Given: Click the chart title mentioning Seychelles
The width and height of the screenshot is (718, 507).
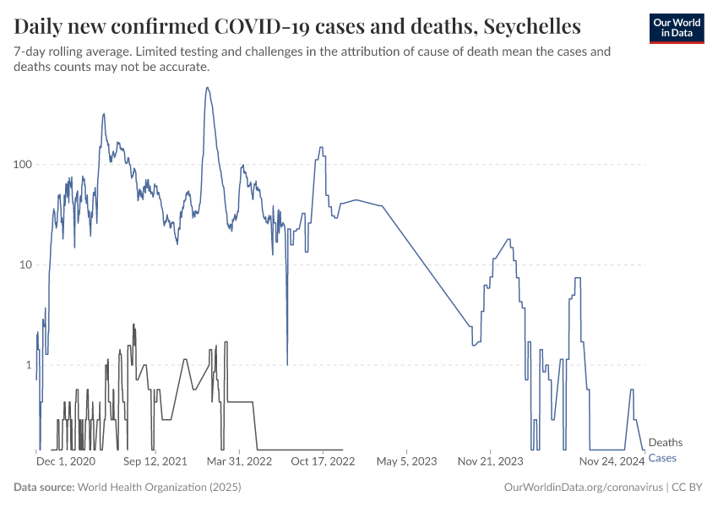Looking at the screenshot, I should [x=296, y=26].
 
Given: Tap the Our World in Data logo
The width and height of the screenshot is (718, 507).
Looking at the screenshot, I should [x=676, y=27].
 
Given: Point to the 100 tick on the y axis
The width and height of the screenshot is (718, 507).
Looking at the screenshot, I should [x=21, y=164].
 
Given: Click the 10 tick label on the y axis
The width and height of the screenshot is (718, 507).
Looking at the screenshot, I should [x=24, y=264].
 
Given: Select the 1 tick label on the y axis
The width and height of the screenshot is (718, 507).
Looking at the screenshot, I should [x=27, y=365].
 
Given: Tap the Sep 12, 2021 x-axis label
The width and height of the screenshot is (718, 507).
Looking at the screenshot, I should [x=155, y=462].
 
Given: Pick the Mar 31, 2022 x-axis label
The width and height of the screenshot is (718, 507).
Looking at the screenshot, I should [x=239, y=462].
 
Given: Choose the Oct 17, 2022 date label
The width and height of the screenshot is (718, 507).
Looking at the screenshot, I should [x=323, y=462].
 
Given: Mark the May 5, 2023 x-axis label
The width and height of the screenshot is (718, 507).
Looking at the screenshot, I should [x=406, y=462].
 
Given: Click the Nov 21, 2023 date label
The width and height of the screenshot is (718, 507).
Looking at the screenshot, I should [x=491, y=462].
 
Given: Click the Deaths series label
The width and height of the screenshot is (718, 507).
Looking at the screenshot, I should [x=665, y=443].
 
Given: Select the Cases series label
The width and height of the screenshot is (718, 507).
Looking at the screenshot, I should [x=662, y=458].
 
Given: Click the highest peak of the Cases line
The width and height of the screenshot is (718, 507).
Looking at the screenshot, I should [x=208, y=88].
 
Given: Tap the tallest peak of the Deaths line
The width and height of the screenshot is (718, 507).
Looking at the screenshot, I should [x=133, y=324].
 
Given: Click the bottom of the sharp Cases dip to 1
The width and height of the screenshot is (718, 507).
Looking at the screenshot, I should [x=287, y=364].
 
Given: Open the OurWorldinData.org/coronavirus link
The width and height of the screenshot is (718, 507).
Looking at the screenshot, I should [x=583, y=488].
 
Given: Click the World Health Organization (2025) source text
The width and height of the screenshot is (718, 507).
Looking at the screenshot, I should [x=159, y=488].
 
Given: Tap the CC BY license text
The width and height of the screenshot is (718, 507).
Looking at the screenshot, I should [x=688, y=488].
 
